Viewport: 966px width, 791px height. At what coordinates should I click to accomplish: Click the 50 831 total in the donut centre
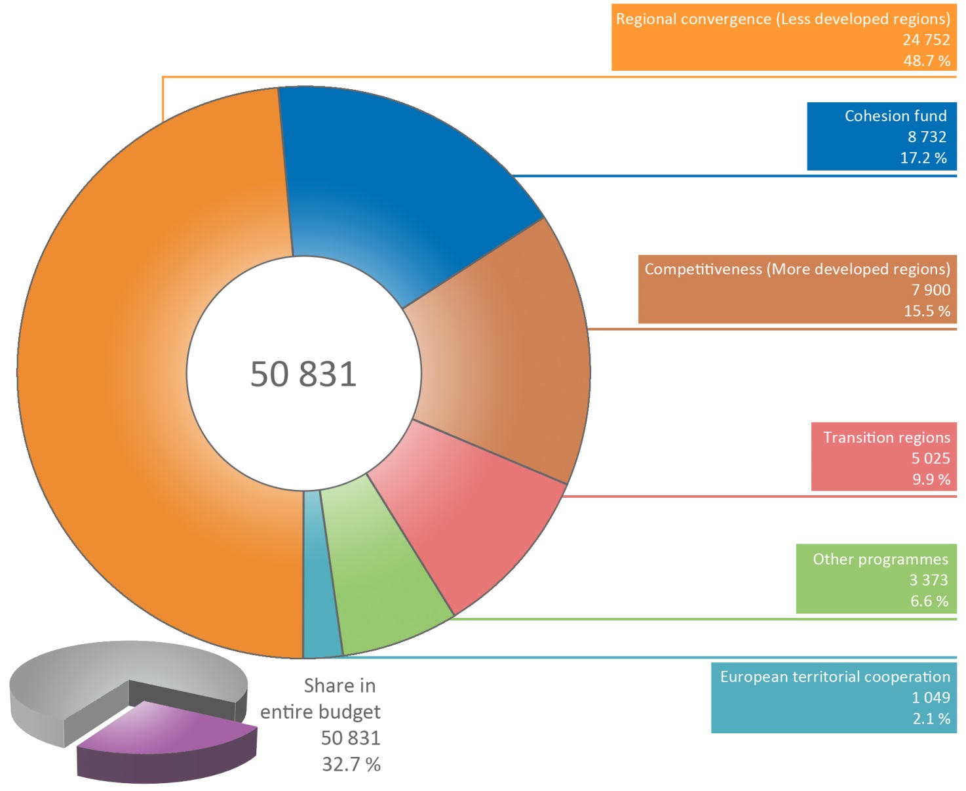click(x=303, y=375)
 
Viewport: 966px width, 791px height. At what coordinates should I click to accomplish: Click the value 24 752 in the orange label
click(x=926, y=40)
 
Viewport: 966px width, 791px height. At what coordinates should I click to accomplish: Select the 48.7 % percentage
click(x=927, y=61)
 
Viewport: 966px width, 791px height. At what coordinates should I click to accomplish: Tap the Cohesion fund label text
click(x=895, y=116)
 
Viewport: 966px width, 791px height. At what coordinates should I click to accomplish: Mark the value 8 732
click(x=927, y=137)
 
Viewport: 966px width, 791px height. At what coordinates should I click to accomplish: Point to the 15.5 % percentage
click(x=927, y=311)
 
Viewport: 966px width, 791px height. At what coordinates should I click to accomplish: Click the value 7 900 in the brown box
click(x=931, y=290)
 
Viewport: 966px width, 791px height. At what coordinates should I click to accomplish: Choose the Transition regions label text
click(x=886, y=437)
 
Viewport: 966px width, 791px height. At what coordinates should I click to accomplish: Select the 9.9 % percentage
click(x=931, y=479)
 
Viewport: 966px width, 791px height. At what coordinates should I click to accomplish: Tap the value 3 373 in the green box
click(x=928, y=580)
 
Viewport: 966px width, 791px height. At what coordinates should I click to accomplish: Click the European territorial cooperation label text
click(x=834, y=677)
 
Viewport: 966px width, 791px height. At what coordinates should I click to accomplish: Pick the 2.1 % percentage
click(x=931, y=719)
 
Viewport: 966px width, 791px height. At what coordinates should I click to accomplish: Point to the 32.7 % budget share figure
click(x=351, y=765)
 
